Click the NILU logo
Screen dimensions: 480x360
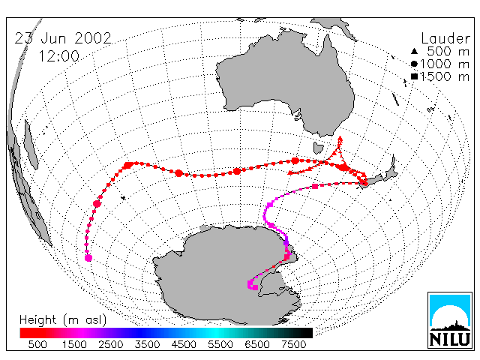450,320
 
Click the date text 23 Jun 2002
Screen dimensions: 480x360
63,38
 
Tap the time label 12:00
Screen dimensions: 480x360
59,56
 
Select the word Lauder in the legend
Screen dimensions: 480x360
445,39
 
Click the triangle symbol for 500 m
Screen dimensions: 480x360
414,51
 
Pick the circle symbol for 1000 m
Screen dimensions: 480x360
414,64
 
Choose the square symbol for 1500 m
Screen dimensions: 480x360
414,76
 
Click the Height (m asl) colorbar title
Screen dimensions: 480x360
63,320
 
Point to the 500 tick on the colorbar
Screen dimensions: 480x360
37,344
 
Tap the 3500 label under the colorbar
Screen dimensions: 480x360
147,344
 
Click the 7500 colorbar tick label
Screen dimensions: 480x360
293,344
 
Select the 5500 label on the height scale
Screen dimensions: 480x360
220,344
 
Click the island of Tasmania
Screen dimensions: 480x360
318,148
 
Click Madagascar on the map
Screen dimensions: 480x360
31,145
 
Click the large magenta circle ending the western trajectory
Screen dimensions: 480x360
88,258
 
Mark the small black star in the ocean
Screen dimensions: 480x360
123,198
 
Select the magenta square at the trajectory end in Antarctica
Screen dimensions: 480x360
255,287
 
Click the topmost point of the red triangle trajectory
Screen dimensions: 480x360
340,137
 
